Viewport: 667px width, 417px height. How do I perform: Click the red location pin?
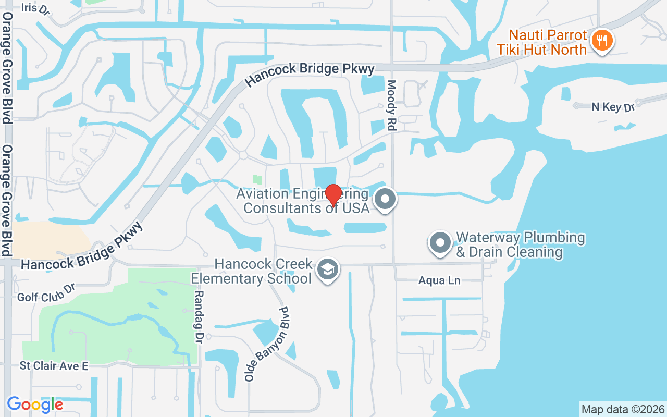tap(333, 194)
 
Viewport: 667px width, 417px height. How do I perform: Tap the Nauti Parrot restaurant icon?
tap(602, 40)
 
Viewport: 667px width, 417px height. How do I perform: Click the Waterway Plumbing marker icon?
tap(440, 243)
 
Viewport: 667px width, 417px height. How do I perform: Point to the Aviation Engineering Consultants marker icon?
tap(386, 199)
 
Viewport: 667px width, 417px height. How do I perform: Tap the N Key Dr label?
tap(613, 107)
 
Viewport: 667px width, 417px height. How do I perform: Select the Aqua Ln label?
tap(439, 281)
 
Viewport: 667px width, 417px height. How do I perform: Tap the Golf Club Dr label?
tap(46, 293)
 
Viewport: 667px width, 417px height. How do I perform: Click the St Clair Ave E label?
tap(54, 366)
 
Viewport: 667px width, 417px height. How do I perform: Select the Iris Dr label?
tap(36, 8)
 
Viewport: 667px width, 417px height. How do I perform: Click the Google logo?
tap(35, 404)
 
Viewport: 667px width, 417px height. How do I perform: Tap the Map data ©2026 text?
tap(623, 409)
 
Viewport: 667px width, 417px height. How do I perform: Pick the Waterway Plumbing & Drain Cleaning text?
tap(520, 245)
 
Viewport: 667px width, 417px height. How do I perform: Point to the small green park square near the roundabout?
tap(256, 180)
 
